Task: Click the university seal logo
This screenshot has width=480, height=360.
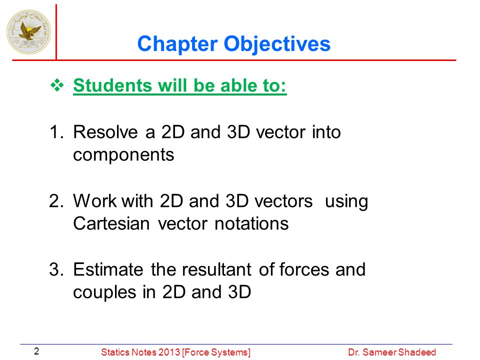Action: [29, 32]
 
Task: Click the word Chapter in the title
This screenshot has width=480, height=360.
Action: [177, 44]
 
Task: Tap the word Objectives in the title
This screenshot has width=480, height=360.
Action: [277, 44]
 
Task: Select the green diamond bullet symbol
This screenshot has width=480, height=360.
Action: [57, 85]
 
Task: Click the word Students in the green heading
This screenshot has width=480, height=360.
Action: [112, 85]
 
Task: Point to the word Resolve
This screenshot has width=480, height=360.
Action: [105, 132]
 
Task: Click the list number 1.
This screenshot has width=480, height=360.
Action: [55, 132]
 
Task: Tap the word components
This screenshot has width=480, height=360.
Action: [123, 155]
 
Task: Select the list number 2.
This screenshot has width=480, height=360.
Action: [56, 201]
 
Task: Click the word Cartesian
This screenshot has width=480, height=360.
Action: [111, 223]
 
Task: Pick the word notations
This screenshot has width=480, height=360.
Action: [251, 223]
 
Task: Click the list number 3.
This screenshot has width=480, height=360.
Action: [56, 269]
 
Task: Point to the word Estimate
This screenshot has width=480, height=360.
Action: [108, 269]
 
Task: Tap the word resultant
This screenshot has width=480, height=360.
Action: [216, 269]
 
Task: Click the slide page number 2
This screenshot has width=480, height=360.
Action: [36, 351]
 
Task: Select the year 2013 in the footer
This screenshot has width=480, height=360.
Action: [169, 352]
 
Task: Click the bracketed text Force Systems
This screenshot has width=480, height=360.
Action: [216, 352]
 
